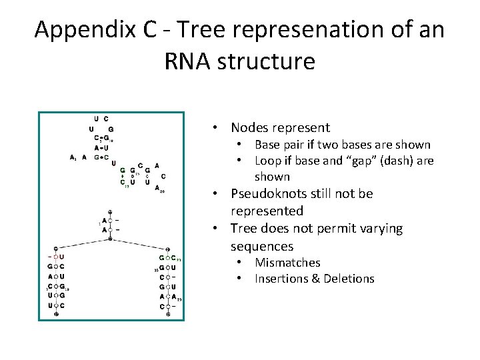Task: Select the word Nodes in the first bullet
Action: point(249,127)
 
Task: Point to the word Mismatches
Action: point(287,263)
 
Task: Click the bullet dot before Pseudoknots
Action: point(216,194)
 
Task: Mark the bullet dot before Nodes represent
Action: point(216,127)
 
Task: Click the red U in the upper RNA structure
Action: point(113,162)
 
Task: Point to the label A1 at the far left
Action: point(73,157)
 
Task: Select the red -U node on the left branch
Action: point(56,257)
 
